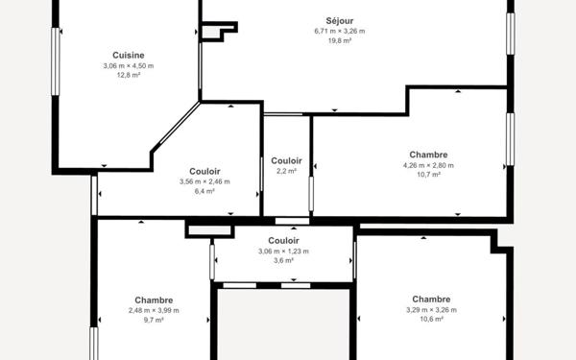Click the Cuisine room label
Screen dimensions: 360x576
(129, 55)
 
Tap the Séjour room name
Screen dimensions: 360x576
(339, 20)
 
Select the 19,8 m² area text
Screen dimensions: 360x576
(339, 41)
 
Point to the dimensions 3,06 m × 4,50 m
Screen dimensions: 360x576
(129, 65)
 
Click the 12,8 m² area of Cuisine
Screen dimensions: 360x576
(129, 76)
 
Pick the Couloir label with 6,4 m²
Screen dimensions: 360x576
(204, 171)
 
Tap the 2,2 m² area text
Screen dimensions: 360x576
(286, 171)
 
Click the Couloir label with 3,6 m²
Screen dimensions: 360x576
(283, 241)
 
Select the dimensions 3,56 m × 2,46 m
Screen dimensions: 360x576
(204, 181)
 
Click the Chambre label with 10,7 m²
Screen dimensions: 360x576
(428, 155)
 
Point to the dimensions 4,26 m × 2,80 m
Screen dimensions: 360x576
(428, 165)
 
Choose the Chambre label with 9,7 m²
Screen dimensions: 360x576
(154, 300)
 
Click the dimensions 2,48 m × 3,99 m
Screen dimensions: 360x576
(154, 310)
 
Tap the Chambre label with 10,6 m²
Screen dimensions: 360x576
(431, 299)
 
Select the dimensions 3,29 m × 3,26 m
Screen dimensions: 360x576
(431, 309)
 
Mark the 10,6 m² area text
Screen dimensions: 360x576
(431, 320)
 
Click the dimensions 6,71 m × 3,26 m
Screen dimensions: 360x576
(339, 31)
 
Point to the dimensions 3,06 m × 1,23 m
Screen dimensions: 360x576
(283, 252)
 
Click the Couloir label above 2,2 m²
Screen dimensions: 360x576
(286, 160)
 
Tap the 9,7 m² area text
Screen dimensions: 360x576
(154, 321)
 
